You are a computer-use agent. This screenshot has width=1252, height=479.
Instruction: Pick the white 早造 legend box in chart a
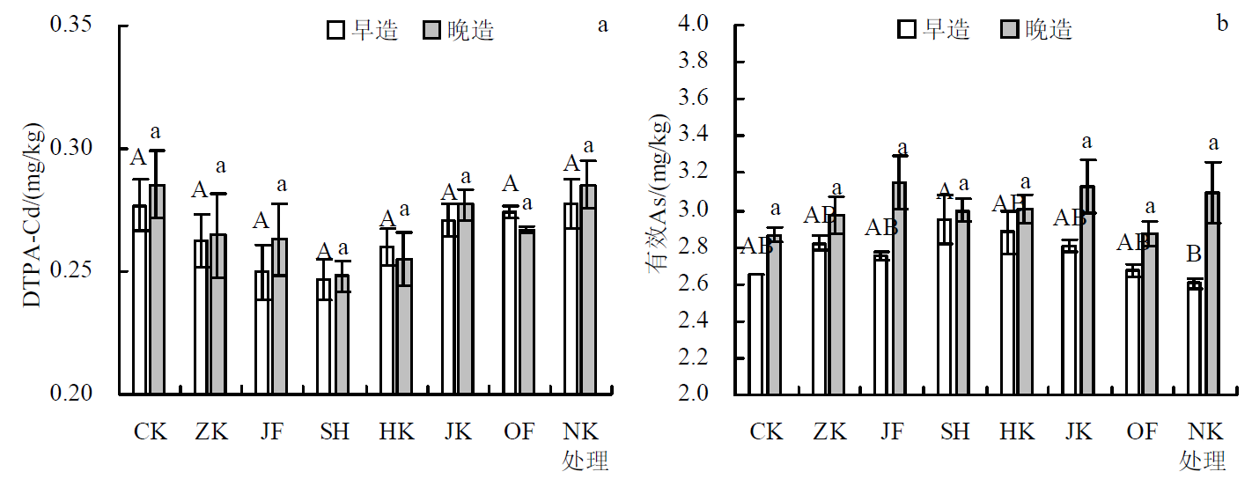335,31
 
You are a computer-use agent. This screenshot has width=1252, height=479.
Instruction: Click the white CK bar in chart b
756,334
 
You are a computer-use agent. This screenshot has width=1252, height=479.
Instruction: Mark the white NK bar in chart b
1195,338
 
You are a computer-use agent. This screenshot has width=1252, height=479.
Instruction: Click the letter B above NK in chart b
1194,255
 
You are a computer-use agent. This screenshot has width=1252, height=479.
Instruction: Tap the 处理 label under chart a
585,461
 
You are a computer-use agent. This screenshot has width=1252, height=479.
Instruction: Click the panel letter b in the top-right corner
1222,24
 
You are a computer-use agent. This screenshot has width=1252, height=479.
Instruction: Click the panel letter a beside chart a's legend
603,24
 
